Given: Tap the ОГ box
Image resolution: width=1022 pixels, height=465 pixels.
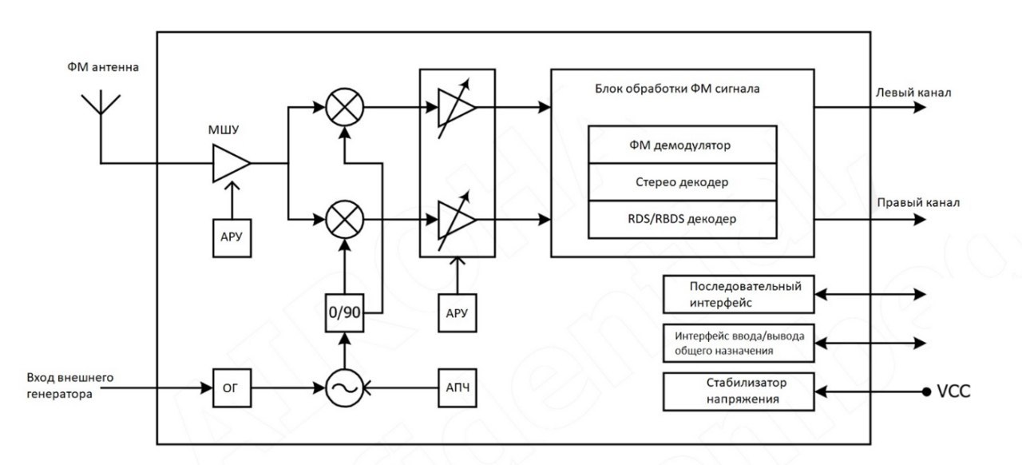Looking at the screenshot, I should click(x=232, y=388).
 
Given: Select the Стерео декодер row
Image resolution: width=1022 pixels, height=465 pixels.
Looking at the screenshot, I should click(x=682, y=181).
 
